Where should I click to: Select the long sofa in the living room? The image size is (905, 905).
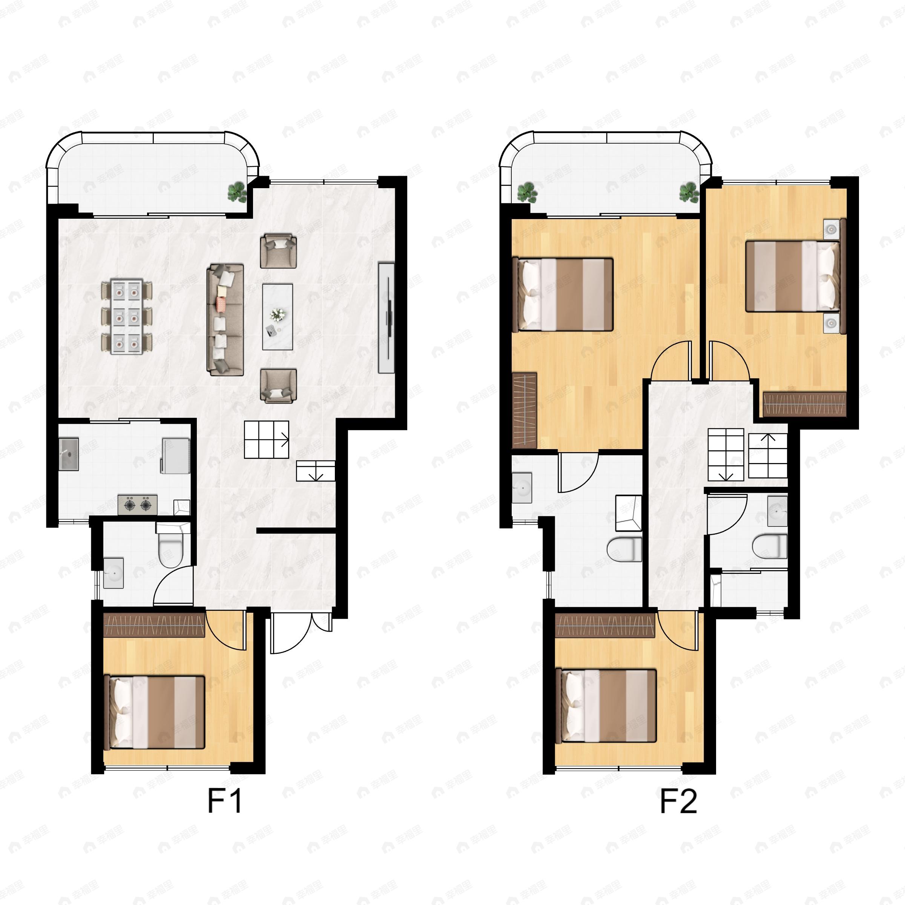pos(225,319)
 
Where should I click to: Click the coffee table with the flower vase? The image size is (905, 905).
pos(277,317)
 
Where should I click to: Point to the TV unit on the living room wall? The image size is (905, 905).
pos(386,318)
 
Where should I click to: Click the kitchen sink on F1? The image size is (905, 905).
pos(69,454)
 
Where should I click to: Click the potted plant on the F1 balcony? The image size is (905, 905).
pos(237,192)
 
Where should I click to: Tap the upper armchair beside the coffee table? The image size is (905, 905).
pos(278,251)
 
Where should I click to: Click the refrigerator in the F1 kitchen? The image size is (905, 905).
pos(176,455)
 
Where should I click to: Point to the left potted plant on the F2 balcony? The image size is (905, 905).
pos(527,192)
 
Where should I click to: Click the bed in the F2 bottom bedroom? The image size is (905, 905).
pos(606,706)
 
